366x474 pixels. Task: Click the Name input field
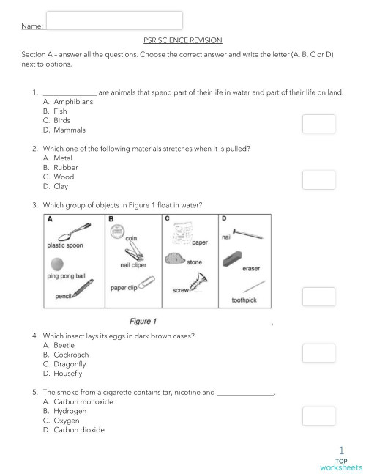pos(114,21)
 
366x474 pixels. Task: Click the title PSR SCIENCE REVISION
pos(182,41)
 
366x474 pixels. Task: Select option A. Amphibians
pos(68,102)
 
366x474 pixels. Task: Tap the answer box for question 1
pos(318,124)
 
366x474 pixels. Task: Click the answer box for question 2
pos(318,180)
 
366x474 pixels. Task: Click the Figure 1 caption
pos(143,321)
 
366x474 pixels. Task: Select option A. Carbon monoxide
pos(78,401)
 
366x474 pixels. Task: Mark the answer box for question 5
pos(318,416)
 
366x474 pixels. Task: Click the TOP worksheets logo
pos(341,460)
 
